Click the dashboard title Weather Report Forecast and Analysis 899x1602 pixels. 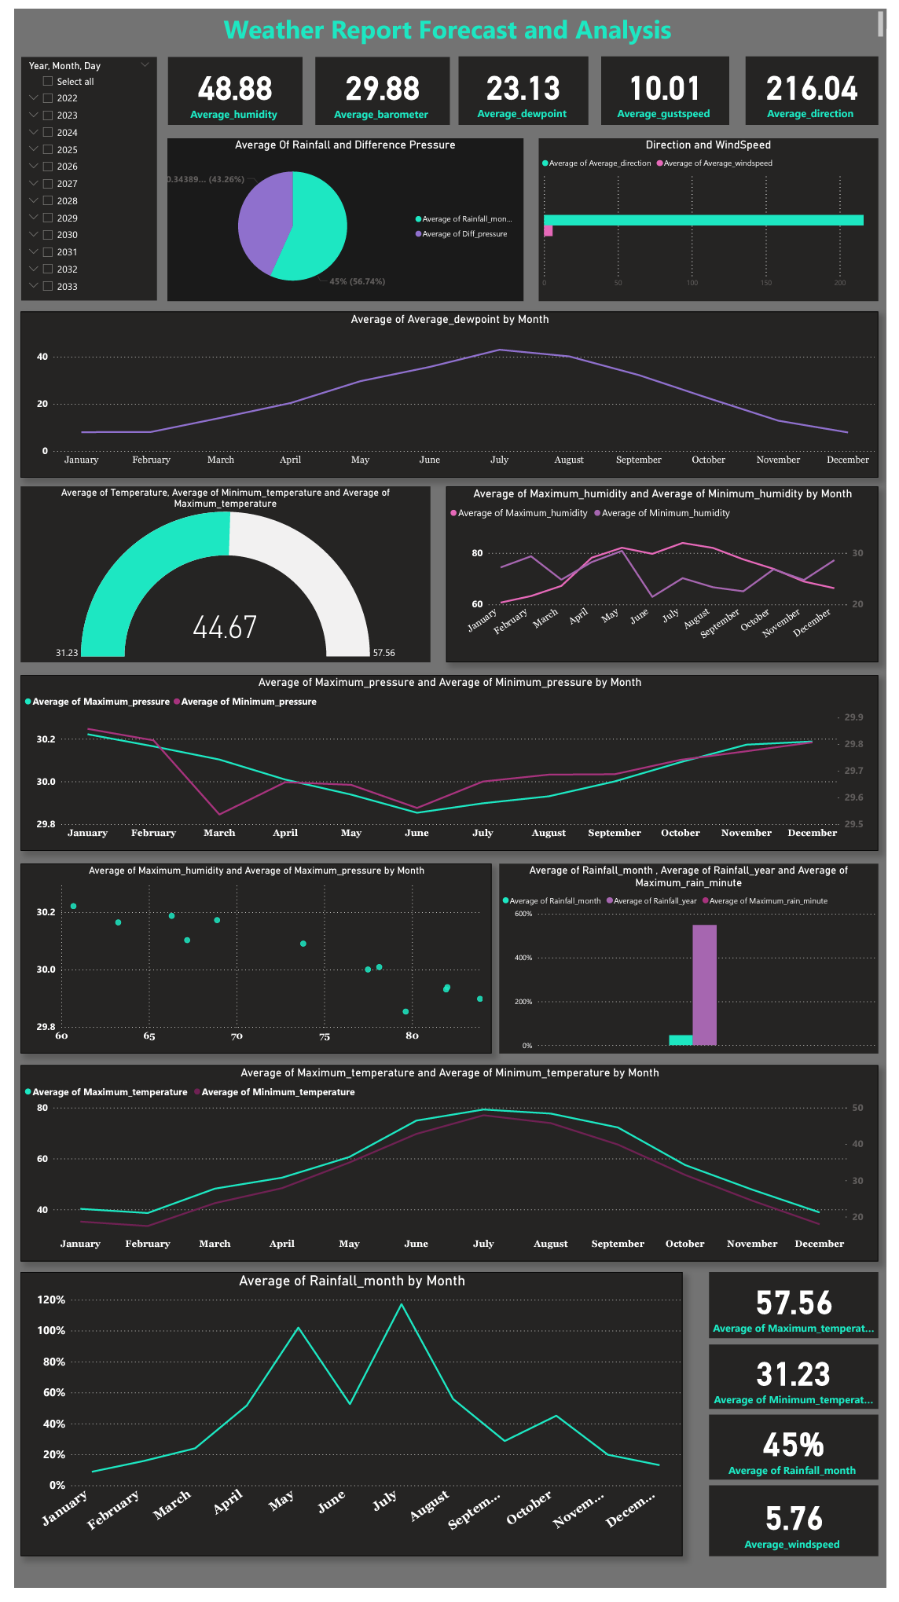coord(447,31)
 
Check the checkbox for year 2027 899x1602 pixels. coord(48,184)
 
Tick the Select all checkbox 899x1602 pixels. coord(48,82)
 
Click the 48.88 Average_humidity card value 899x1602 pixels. coord(235,89)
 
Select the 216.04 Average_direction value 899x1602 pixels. coord(811,89)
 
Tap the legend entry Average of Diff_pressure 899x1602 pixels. coord(464,234)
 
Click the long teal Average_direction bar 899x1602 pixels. coord(703,220)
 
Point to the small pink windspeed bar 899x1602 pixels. coord(548,231)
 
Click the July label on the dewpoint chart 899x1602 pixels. coord(500,460)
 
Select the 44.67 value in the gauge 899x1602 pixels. coord(225,627)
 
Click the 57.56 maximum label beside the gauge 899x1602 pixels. coord(383,653)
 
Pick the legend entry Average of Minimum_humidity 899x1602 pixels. coord(665,513)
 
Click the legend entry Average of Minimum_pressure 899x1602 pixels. coord(248,702)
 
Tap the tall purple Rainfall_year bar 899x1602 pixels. coord(704,984)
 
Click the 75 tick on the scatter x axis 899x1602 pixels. coord(325,1036)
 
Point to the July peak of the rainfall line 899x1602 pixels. coord(402,1304)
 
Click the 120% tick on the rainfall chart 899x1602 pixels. coord(51,1300)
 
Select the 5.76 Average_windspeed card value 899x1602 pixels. coord(793,1519)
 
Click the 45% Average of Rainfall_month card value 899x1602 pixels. coord(793,1445)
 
